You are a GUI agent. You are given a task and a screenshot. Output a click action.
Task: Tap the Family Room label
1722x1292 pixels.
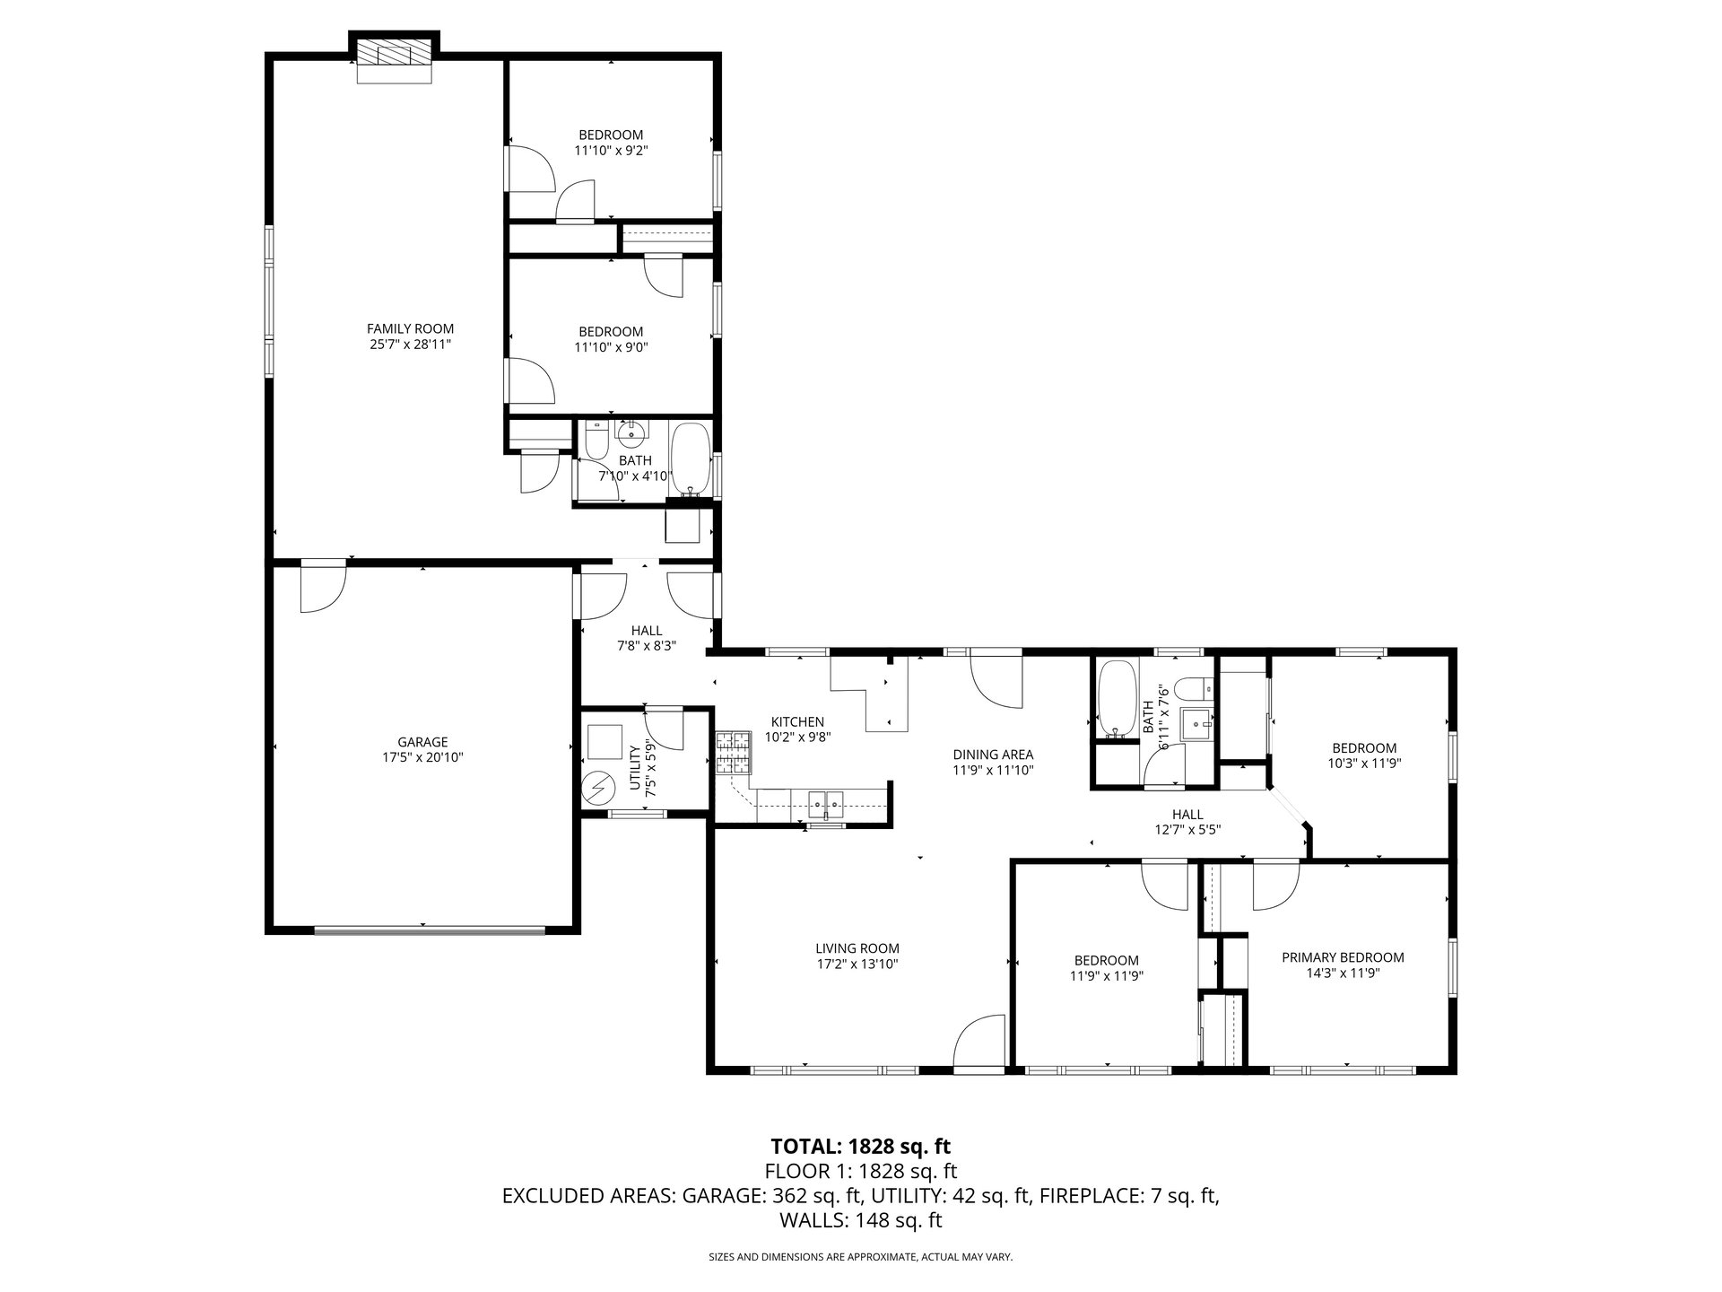[410, 328]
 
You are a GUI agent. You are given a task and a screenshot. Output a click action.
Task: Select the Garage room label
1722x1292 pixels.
[422, 742]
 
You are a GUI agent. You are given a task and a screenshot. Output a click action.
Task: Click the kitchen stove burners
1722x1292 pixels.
[734, 753]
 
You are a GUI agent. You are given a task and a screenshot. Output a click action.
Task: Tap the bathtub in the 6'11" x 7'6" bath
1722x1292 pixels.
[1117, 698]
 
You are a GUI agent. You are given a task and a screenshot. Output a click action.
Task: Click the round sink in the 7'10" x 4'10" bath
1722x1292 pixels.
[633, 432]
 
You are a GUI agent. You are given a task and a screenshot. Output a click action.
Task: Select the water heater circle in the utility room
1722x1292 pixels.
[596, 790]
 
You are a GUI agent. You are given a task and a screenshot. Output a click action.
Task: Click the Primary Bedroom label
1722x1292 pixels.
[1343, 957]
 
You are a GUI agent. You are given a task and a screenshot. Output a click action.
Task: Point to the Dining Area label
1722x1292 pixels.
[993, 755]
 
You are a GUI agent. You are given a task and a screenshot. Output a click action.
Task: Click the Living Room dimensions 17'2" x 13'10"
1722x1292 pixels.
[857, 964]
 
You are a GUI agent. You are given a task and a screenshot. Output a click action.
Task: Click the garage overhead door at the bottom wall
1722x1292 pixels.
[430, 930]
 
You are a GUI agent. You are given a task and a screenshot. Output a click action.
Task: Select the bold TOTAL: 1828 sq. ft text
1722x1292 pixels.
[861, 1146]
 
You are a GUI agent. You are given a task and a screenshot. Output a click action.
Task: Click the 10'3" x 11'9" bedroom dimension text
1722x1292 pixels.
[1364, 764]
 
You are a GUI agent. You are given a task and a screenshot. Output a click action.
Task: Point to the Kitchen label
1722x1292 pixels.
[797, 721]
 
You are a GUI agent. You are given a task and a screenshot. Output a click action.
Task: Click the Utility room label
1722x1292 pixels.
[635, 767]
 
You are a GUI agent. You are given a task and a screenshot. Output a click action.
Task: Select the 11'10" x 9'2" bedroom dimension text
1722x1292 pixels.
[611, 151]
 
